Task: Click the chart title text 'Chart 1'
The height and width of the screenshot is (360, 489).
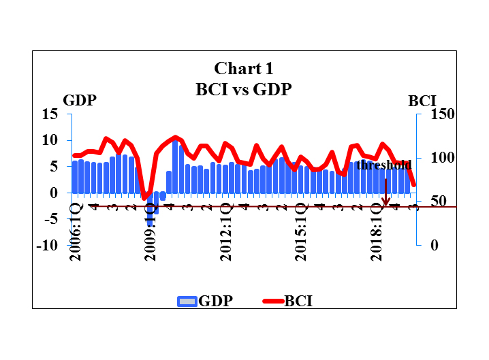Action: [x=244, y=68]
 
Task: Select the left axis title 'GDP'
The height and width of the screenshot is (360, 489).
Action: [x=80, y=101]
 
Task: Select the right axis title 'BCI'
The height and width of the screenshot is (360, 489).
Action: [x=422, y=101]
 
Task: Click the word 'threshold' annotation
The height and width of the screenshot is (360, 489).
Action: [x=384, y=165]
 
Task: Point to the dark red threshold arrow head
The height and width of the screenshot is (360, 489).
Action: [x=386, y=202]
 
